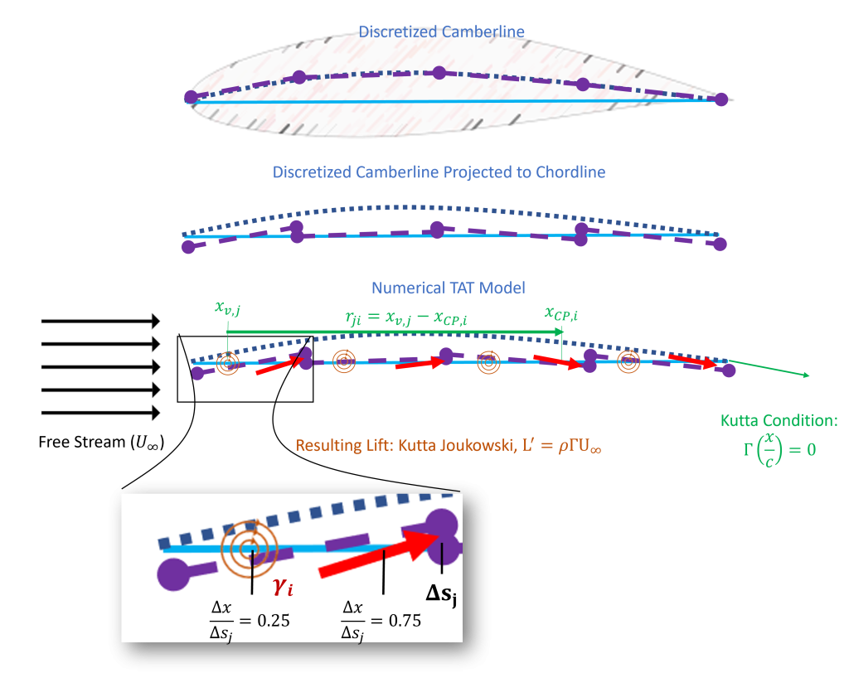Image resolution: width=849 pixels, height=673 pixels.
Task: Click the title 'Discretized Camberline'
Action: [x=441, y=32]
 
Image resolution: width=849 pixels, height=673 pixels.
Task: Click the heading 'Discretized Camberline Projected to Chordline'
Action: [x=439, y=172]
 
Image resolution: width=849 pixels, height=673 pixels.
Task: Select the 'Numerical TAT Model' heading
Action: [x=449, y=288]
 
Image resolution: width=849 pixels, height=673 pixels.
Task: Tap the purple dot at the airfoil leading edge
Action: [x=191, y=97]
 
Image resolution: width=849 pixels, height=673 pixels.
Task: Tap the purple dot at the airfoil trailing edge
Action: [x=720, y=99]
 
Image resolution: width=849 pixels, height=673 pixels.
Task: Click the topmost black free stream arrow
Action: [x=100, y=321]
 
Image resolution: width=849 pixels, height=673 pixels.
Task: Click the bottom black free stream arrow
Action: [x=100, y=413]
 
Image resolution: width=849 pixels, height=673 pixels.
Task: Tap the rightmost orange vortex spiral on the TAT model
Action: [x=630, y=361]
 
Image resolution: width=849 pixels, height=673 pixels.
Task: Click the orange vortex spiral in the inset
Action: [x=248, y=546]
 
